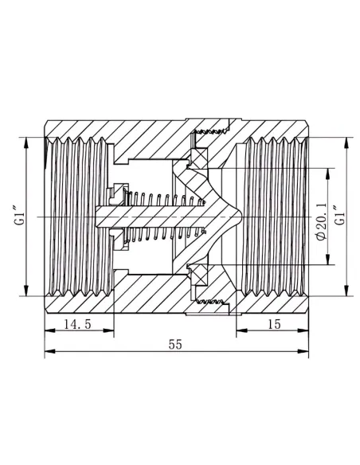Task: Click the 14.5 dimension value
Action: pyautogui.click(x=77, y=324)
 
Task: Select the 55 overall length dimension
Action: pyautogui.click(x=175, y=344)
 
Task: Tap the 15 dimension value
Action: pyautogui.click(x=274, y=324)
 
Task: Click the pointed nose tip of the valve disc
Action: pyautogui.click(x=241, y=217)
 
